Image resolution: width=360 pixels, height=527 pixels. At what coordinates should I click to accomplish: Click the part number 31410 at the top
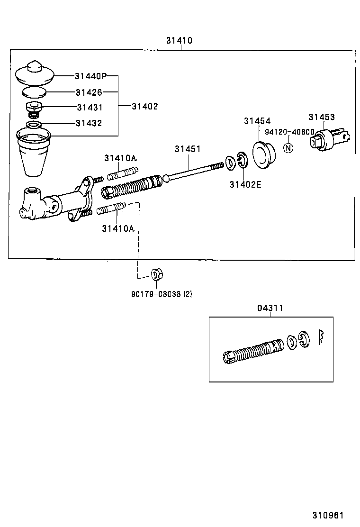(179, 41)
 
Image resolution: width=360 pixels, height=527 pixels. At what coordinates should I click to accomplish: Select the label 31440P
(90, 76)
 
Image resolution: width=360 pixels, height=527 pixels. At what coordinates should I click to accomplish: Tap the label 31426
(89, 92)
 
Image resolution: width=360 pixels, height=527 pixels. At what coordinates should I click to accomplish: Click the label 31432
(89, 123)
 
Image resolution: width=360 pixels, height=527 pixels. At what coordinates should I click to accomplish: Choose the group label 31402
(144, 107)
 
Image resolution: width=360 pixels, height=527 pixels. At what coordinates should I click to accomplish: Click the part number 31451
(188, 149)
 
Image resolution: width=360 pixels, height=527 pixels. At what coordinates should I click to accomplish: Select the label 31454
(257, 121)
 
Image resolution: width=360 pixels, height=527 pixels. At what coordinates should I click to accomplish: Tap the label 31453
(322, 117)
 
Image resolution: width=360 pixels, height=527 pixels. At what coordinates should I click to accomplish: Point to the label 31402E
(245, 184)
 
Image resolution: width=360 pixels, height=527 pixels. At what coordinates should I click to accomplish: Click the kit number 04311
(270, 308)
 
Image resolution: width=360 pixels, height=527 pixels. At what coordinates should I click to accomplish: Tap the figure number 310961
(327, 515)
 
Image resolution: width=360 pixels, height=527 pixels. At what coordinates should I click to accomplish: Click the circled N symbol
(288, 148)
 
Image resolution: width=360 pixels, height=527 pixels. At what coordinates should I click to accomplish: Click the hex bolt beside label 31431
(34, 108)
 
